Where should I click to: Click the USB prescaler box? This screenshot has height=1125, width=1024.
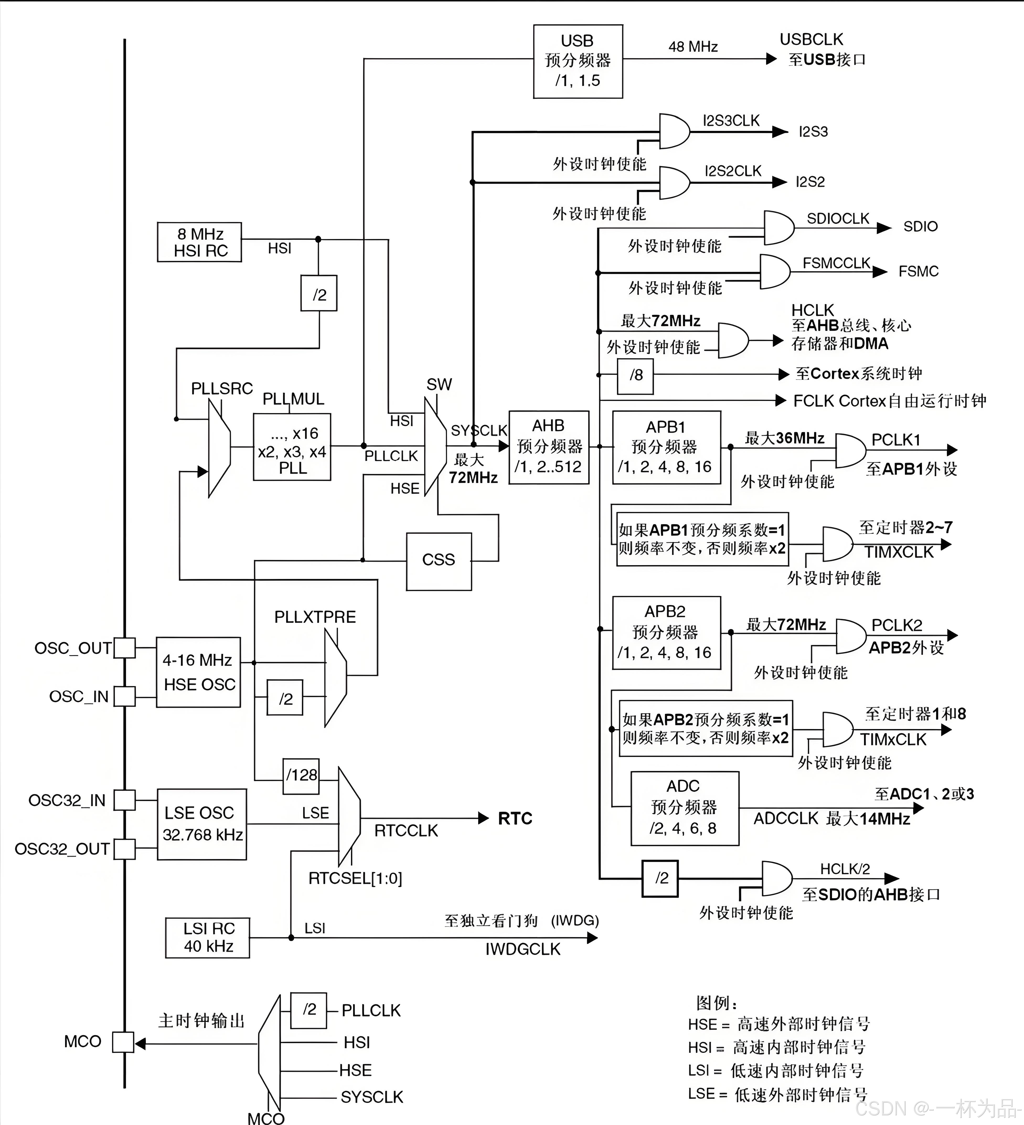(578, 61)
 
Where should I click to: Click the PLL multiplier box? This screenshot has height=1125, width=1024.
(292, 447)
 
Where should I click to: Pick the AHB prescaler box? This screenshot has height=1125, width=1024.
(548, 447)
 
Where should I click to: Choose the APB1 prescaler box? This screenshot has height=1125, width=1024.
(666, 447)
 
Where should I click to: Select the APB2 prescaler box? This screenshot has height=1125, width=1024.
(666, 632)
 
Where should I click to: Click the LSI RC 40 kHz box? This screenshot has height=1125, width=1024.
(207, 937)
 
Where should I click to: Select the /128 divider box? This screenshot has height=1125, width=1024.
(301, 776)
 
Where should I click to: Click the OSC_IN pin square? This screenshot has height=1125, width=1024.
(124, 696)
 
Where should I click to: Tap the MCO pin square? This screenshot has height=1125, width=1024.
(123, 1042)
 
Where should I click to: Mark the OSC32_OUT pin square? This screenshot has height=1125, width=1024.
(124, 849)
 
